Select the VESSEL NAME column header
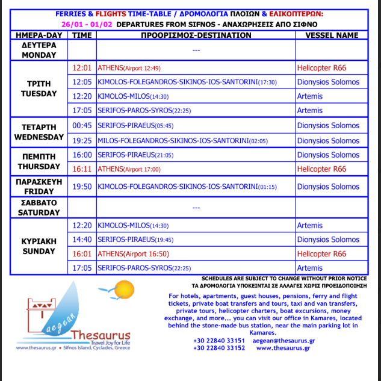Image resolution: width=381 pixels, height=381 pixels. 331,36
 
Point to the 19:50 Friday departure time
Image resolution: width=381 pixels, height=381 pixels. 81,187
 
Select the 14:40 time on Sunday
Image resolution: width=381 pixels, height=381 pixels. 81,240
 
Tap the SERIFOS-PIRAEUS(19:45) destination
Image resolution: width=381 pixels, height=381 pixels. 136,240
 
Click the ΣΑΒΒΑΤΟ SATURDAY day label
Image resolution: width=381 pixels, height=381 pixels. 39,208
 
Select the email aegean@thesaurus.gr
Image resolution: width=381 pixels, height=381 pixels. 283,341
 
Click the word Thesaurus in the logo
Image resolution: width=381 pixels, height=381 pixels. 100,335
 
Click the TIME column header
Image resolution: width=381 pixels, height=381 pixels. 81,36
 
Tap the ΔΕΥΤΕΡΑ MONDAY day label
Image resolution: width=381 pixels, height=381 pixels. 39,50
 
